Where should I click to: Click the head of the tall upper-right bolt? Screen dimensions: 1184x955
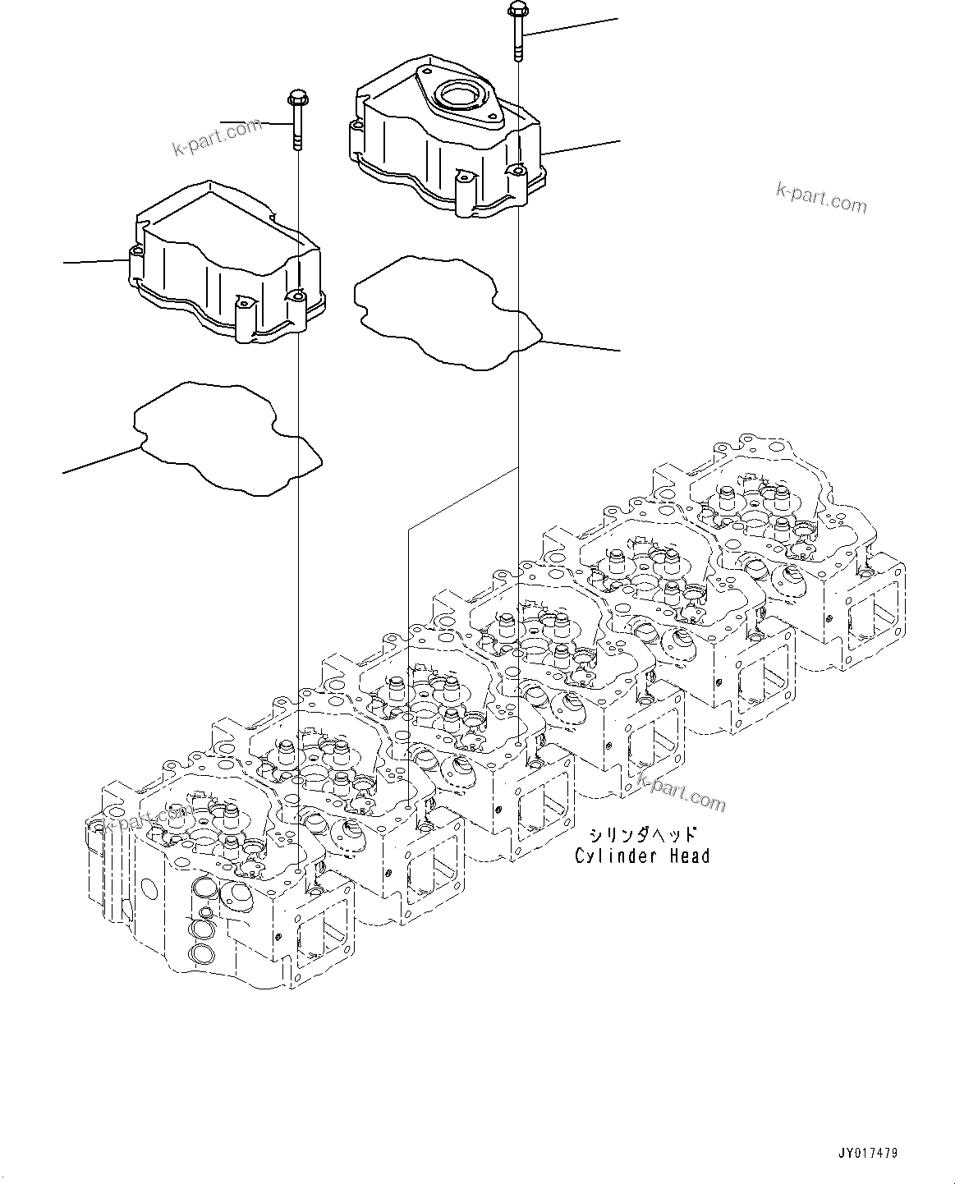517,9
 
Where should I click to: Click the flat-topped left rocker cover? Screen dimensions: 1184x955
226,263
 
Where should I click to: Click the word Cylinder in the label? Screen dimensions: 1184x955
608,856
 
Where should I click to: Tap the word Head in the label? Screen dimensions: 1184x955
688,856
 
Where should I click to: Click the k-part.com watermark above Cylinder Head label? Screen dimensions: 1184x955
682,792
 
